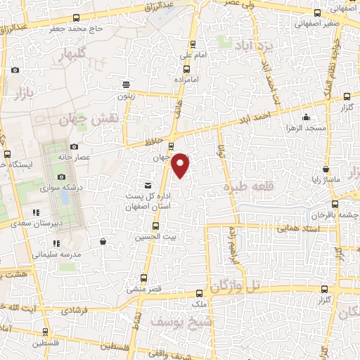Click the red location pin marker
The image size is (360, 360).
[x=181, y=165]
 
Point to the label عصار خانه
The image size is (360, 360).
[x=95, y=157]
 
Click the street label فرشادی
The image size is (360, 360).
[x=74, y=309]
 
